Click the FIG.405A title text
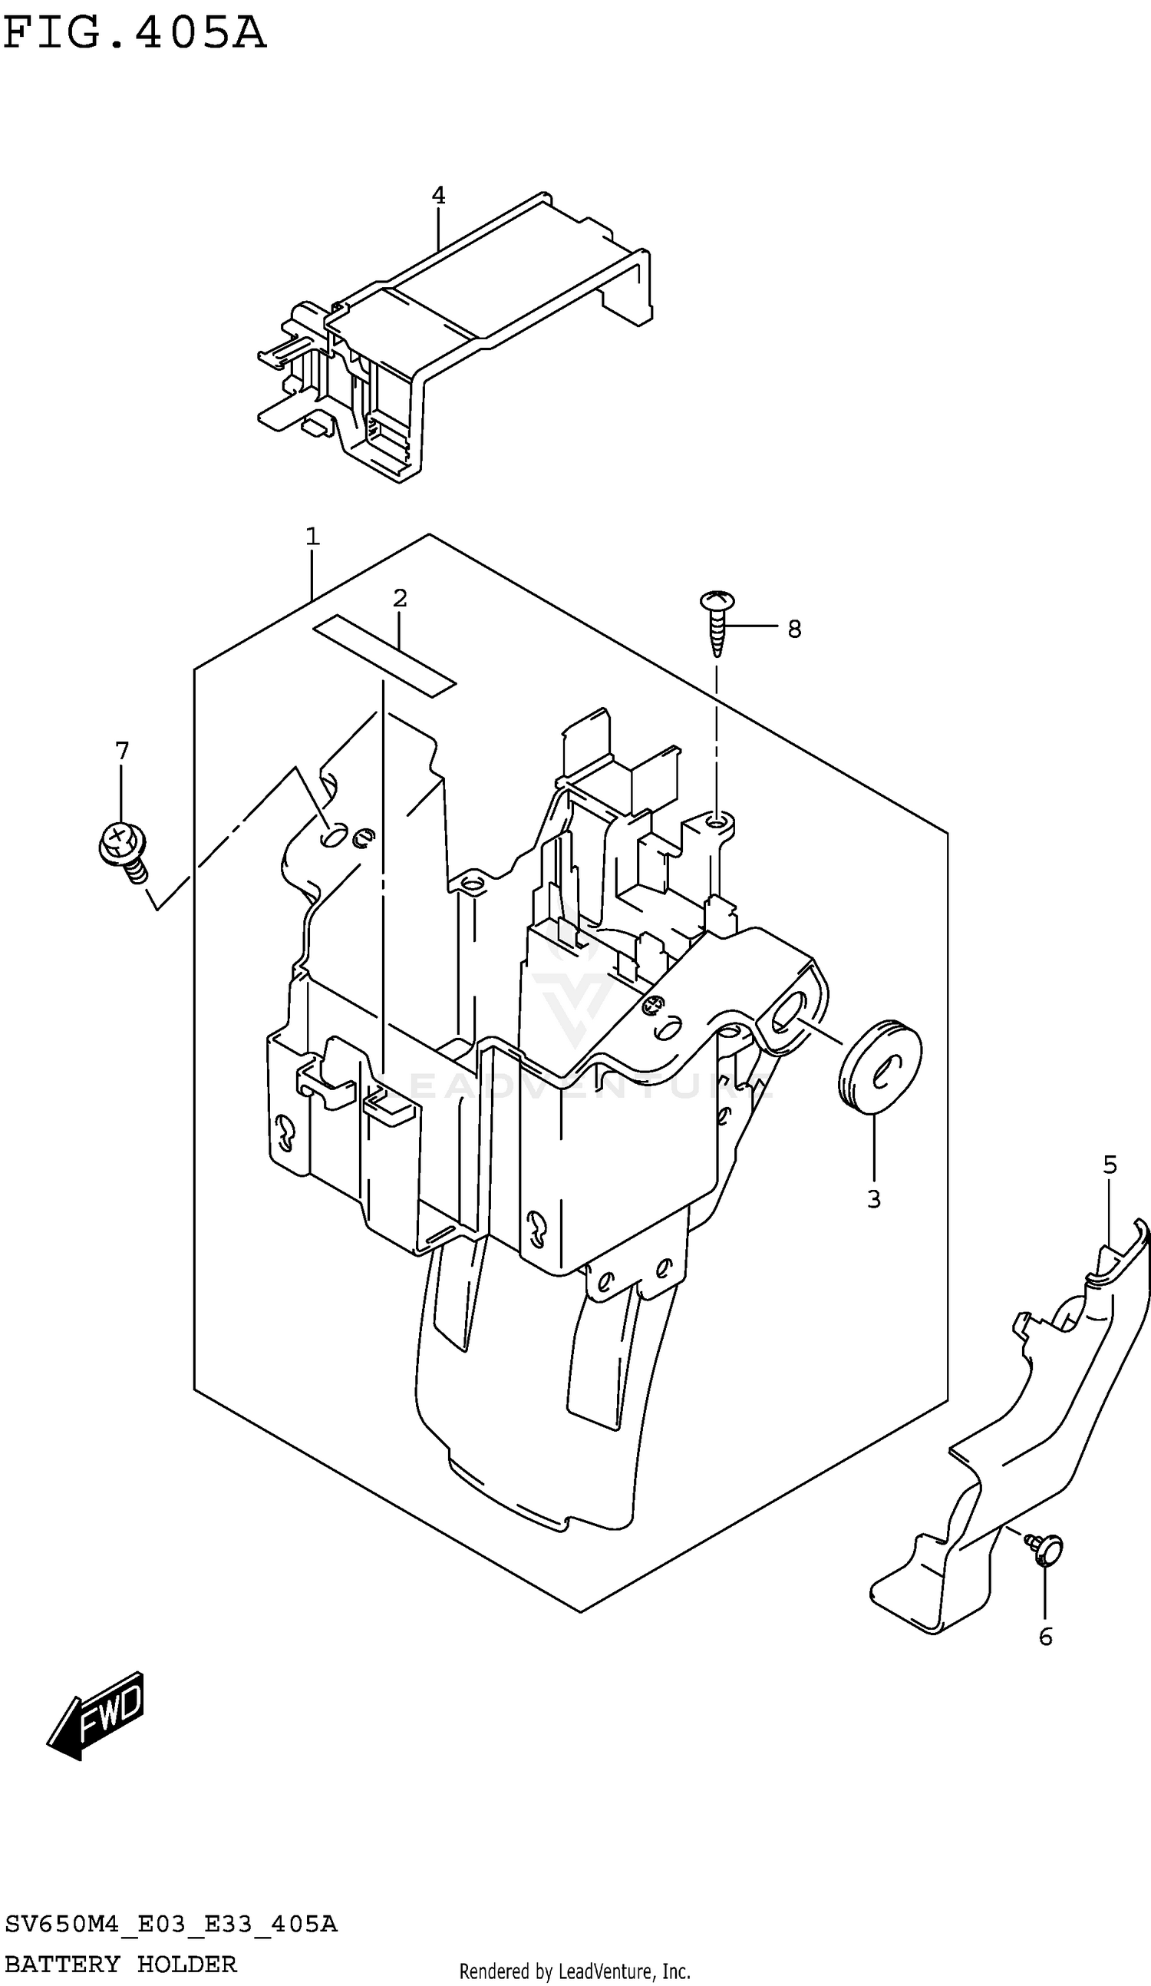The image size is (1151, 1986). [134, 33]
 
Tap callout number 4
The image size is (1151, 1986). [438, 196]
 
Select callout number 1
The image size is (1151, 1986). [312, 537]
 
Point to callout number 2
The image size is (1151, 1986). [400, 598]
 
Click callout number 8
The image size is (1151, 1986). [794, 629]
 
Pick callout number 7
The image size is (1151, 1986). [121, 751]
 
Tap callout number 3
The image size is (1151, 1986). [874, 1198]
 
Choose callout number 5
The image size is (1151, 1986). [1110, 1164]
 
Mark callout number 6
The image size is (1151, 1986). [1045, 1637]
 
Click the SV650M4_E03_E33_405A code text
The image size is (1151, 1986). [171, 1925]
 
